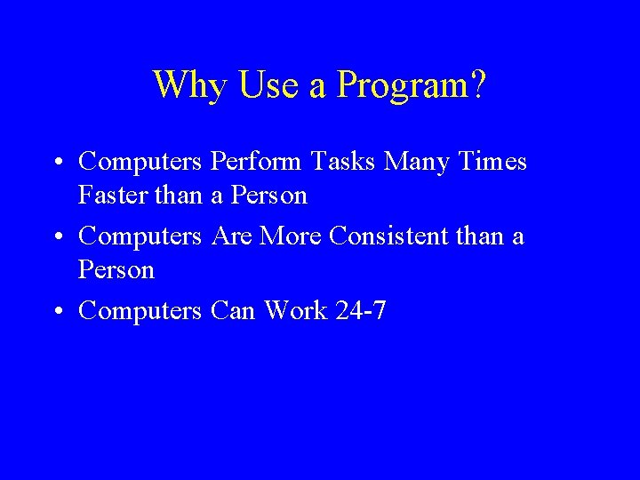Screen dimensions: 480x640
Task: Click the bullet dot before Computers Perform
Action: coord(56,163)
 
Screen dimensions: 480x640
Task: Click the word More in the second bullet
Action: coord(292,236)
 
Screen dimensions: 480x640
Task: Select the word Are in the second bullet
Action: coord(232,236)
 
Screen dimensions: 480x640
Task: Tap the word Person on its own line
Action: coord(116,269)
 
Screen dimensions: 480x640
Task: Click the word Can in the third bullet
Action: coord(233,312)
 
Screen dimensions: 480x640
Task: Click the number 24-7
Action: coord(361,312)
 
